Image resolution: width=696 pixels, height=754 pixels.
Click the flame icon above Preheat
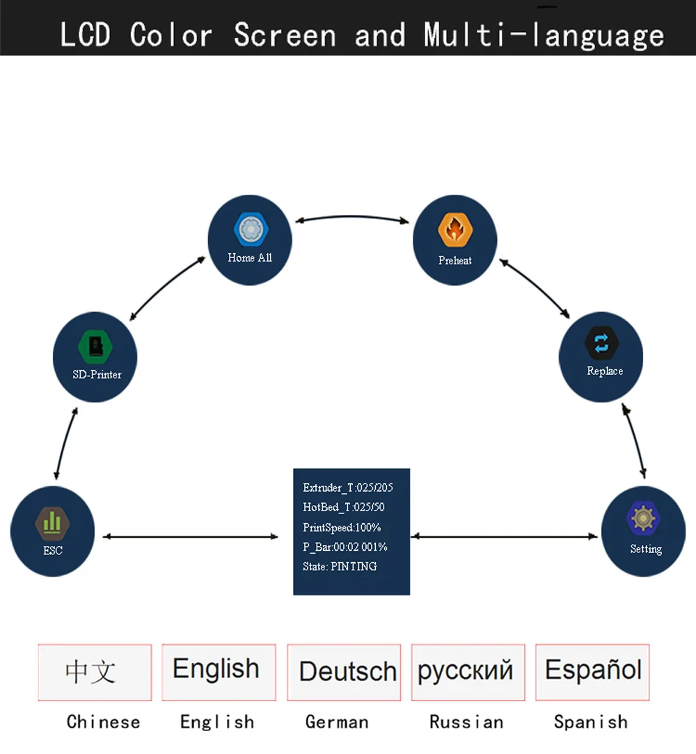[455, 230]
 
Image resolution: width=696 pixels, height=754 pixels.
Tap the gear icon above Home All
[251, 230]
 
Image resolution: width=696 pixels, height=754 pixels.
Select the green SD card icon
[95, 346]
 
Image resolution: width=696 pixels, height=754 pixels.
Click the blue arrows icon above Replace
[601, 344]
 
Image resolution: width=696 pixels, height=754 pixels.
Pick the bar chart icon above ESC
[52, 523]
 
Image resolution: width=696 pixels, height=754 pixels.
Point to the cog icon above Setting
[643, 518]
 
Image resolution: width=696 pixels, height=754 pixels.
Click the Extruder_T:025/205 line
[347, 488]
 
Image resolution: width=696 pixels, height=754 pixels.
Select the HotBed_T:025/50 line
[344, 507]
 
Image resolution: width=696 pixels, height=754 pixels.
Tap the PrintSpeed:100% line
[342, 527]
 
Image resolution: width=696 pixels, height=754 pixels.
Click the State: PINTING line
[340, 566]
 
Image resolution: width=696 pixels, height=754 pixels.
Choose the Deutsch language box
[344, 672]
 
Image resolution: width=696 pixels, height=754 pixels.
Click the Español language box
[592, 672]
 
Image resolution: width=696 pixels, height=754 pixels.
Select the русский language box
[468, 672]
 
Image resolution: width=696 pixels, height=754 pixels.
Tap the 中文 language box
[95, 672]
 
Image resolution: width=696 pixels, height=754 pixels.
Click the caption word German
[337, 722]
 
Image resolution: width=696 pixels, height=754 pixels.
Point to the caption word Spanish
[591, 722]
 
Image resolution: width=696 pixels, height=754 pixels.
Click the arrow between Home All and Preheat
[352, 217]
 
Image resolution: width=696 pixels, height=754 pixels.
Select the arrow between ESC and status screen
[191, 536]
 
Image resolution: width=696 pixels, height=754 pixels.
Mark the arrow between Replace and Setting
[634, 440]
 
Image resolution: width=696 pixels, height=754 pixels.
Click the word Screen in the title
[285, 35]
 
